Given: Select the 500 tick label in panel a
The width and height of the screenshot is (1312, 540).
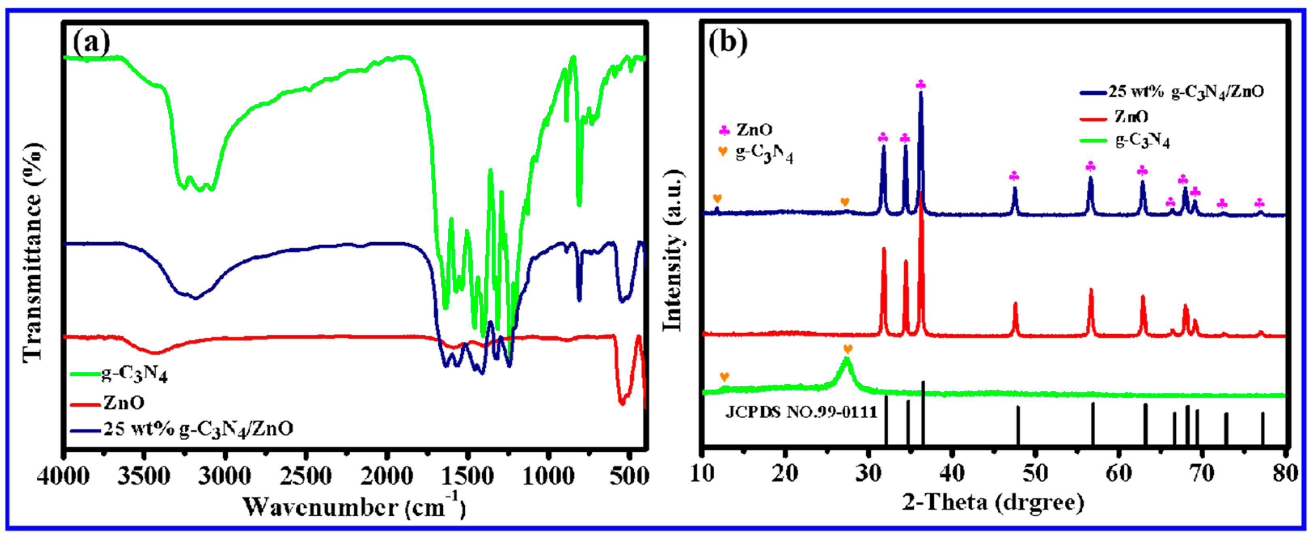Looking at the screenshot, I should (x=630, y=476).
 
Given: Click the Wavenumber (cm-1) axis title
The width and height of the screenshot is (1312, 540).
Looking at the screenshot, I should (x=354, y=507).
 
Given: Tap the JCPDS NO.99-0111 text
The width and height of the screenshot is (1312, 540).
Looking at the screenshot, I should (x=801, y=412).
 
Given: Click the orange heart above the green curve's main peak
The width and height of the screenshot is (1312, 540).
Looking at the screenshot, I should (x=848, y=349).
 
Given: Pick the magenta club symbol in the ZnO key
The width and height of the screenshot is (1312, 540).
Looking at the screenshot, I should (x=724, y=130).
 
